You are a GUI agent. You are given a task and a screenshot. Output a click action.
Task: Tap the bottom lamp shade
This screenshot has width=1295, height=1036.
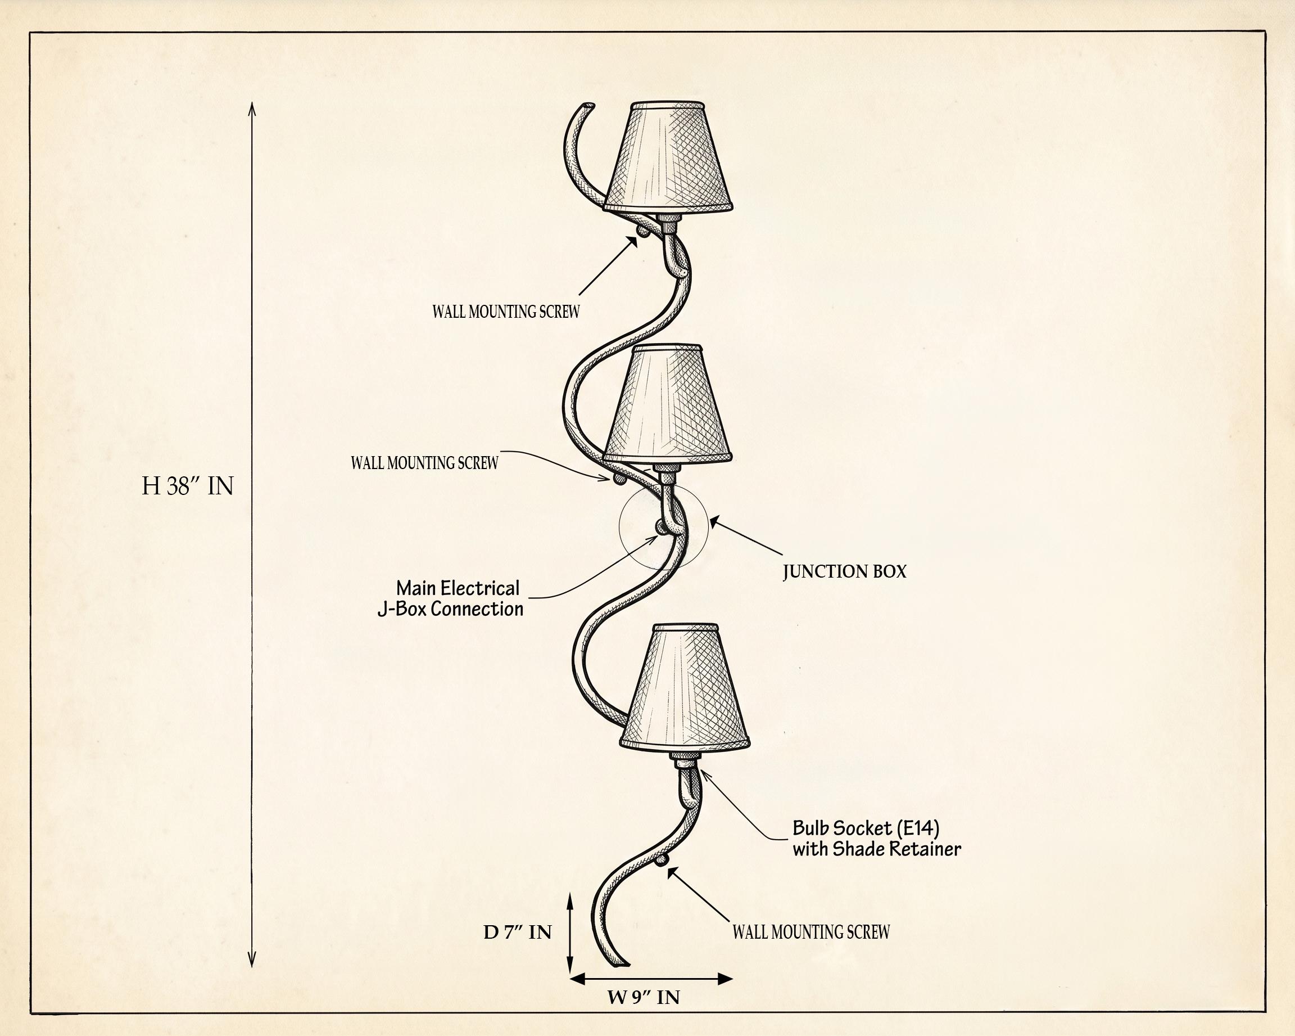[685, 687]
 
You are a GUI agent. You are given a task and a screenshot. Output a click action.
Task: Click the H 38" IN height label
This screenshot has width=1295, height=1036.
[187, 485]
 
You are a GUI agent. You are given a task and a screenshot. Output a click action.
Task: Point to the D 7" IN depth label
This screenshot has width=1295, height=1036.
[517, 932]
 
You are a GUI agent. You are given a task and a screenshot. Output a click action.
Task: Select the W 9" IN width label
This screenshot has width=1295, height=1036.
[644, 997]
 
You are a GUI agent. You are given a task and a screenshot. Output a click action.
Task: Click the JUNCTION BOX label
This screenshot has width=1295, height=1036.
[845, 571]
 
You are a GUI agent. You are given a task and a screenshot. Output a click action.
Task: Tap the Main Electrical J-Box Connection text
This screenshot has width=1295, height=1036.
[450, 598]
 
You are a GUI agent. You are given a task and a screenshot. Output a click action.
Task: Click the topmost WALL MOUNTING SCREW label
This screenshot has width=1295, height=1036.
[506, 311]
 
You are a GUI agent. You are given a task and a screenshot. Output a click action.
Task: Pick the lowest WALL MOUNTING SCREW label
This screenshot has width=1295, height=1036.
[811, 932]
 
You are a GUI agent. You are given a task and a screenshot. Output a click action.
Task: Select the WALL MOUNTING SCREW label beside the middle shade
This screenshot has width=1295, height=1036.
[425, 463]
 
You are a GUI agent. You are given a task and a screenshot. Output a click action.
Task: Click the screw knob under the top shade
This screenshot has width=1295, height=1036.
[642, 229]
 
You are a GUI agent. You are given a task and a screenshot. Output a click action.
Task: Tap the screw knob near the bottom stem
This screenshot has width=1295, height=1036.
[662, 859]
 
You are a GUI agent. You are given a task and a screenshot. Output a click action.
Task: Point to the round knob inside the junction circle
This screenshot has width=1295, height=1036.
[663, 527]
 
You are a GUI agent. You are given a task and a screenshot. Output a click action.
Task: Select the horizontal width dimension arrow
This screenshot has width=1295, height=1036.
[650, 979]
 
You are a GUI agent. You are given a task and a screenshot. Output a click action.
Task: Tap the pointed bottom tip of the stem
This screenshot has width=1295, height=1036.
[622, 965]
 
